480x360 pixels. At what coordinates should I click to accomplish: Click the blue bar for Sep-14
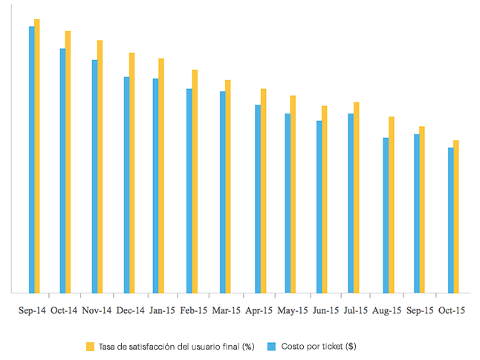point(32,160)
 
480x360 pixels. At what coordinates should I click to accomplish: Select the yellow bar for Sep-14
point(37,156)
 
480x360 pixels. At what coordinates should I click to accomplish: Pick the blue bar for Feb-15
point(189,191)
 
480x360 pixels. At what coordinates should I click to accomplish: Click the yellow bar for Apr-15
point(263,191)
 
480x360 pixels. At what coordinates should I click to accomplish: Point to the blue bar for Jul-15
point(351,203)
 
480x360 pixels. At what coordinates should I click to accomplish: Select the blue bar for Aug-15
point(386,215)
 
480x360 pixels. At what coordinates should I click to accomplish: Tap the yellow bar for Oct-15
point(456,217)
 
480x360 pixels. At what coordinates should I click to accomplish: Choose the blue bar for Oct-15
point(451,220)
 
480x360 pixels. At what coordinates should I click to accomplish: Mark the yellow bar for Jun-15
point(324,200)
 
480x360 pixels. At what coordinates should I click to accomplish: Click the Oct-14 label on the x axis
point(65,310)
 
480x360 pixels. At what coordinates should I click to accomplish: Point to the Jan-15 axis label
point(162,310)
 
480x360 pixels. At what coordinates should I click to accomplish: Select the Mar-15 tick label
point(227,310)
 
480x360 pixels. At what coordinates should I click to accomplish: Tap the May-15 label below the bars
point(292,310)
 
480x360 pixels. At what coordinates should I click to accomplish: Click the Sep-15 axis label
point(418,310)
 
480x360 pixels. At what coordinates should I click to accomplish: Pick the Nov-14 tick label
point(97,310)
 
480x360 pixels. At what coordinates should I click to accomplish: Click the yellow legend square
point(90,346)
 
